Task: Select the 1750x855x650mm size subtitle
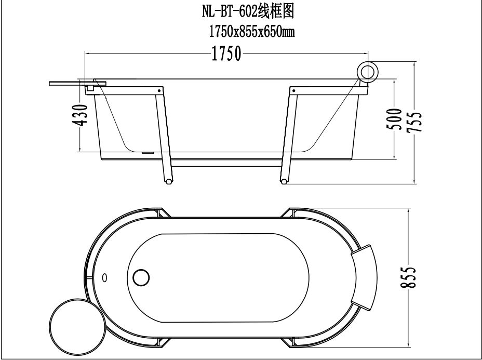coord(252,32)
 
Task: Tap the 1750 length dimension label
coord(227,54)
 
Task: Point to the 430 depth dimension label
coord(80,115)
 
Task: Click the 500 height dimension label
coord(394,119)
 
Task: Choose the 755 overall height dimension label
coord(414,122)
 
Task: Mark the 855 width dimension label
coord(408,277)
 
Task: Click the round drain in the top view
coord(141,277)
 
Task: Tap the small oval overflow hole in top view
coord(104,277)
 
